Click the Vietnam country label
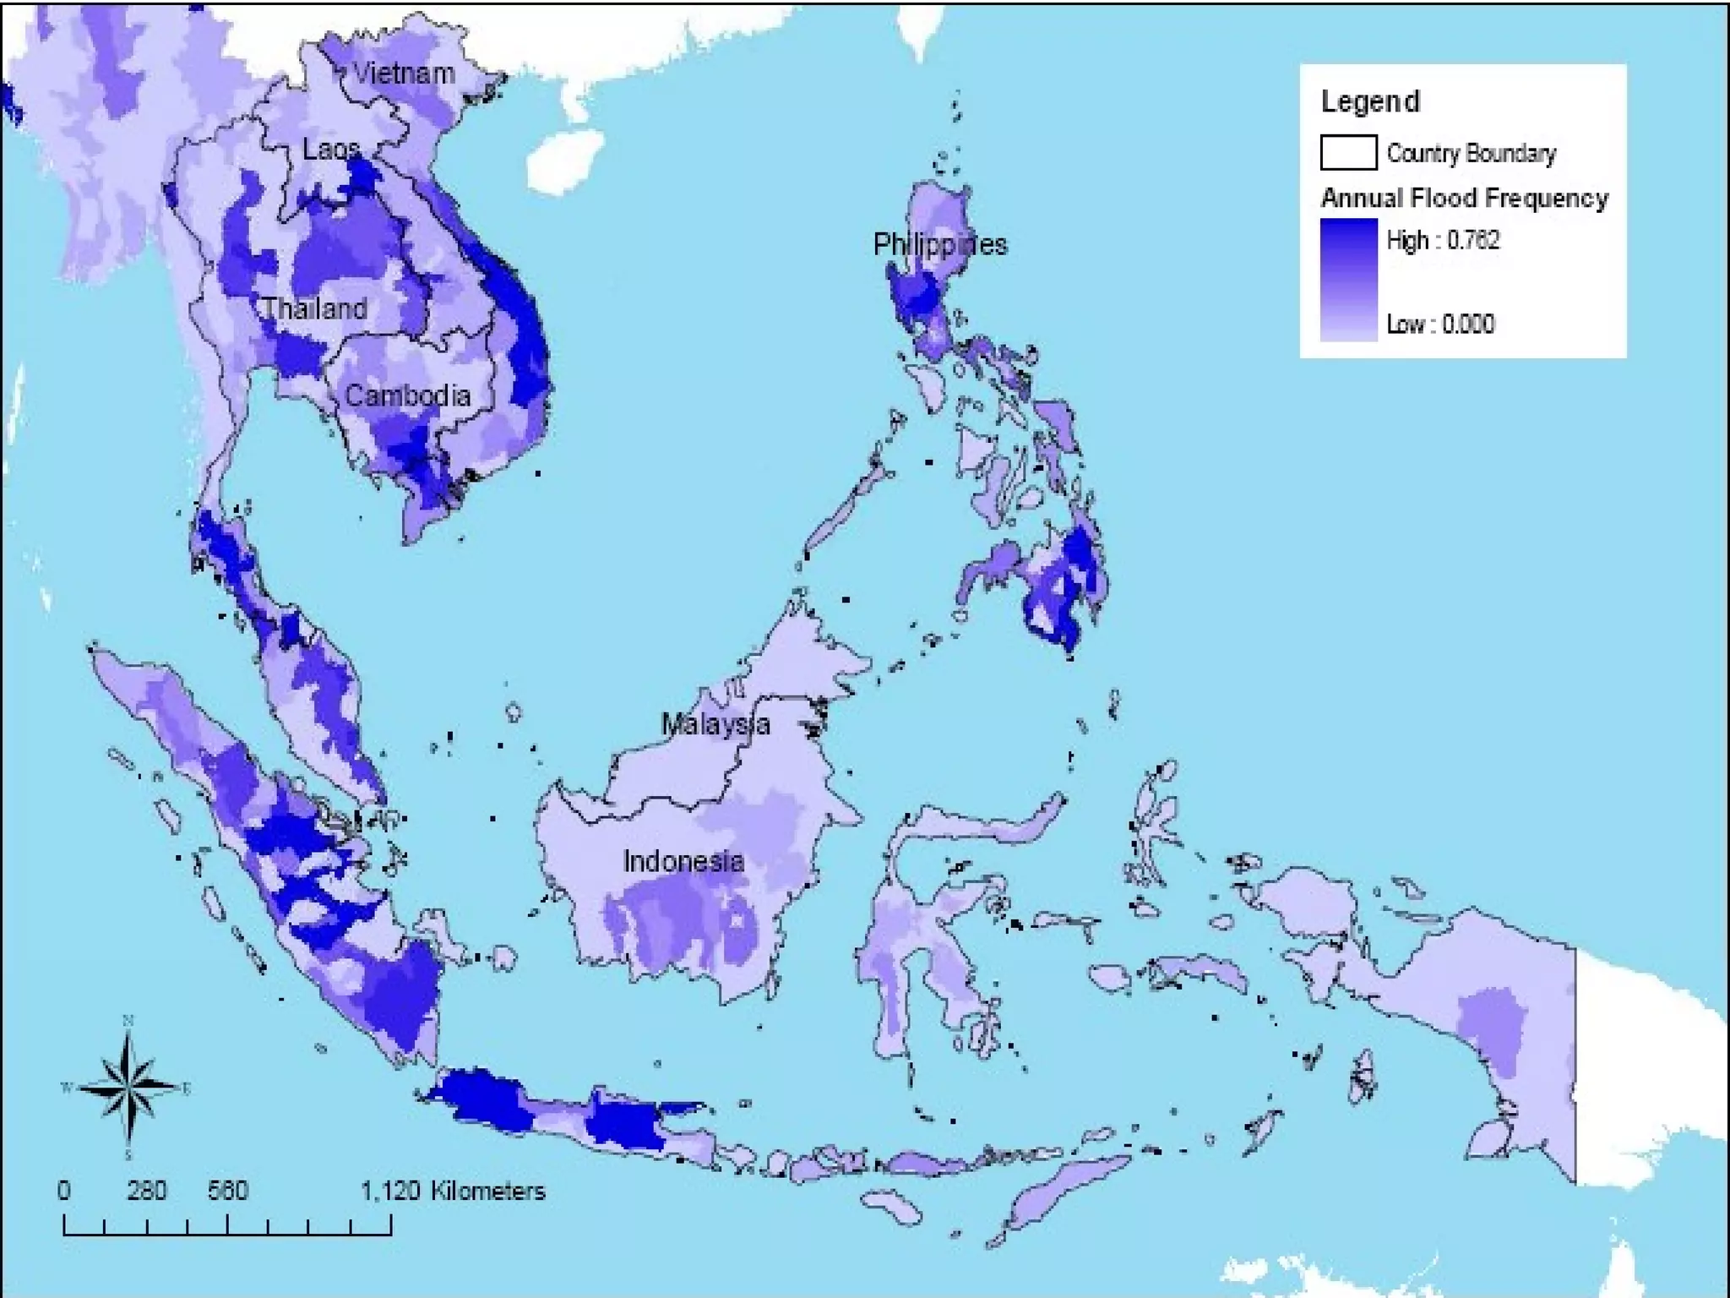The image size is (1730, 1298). tap(404, 74)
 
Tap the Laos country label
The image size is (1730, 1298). tap(330, 150)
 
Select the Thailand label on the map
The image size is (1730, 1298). tap(314, 308)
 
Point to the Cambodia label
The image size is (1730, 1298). tap(407, 395)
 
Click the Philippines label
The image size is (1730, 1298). tap(939, 244)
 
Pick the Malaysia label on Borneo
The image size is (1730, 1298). tap(715, 724)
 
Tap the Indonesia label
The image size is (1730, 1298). tap(683, 861)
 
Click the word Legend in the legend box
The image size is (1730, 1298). tap(1370, 101)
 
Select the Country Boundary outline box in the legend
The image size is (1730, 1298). tap(1348, 153)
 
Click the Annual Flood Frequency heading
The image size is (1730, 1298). tap(1464, 198)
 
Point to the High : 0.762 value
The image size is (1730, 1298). tap(1443, 240)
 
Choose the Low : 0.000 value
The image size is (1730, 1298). tap(1440, 324)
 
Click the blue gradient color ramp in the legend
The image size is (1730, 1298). tap(1348, 280)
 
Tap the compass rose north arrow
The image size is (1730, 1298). tap(128, 1088)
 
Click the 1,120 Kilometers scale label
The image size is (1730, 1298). tap(453, 1191)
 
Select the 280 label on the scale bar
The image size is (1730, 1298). tap(146, 1191)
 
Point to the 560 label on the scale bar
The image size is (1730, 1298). tap(227, 1191)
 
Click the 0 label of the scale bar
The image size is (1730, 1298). tap(64, 1191)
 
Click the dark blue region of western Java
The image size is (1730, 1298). tap(486, 1099)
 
